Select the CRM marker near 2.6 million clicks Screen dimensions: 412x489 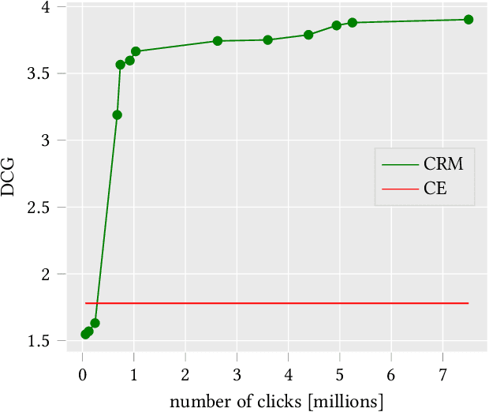pos(218,41)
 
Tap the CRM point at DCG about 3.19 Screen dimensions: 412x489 pos(117,115)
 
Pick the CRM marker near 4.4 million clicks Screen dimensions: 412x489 pos(308,35)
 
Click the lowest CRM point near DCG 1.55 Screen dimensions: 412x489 pos(85,334)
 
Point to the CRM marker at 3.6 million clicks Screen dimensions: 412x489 pos(267,40)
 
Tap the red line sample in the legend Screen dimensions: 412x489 pos(402,189)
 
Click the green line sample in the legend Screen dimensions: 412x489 pos(402,165)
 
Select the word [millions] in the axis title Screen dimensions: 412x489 pos(346,401)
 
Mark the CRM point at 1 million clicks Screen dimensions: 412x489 pos(136,51)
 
